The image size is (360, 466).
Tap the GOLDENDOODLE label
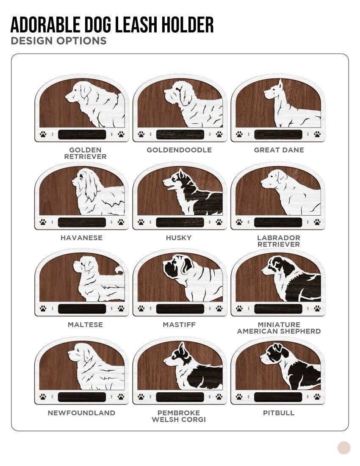point(179,150)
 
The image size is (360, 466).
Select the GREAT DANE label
point(279,150)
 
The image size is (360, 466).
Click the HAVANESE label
point(81,238)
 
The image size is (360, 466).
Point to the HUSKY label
point(179,238)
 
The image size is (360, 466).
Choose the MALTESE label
point(85,325)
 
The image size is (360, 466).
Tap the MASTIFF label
point(179,325)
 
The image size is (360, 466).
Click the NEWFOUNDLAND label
point(81,413)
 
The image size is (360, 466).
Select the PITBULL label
point(279,413)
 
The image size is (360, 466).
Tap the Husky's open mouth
point(170,188)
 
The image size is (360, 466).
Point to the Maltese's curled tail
point(119,269)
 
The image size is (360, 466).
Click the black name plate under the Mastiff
point(180,309)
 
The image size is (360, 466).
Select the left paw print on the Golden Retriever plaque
point(43,134)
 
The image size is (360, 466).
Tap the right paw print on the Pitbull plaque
point(317,397)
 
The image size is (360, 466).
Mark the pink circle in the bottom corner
point(344,448)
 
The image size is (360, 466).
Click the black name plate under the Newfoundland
point(82,397)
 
